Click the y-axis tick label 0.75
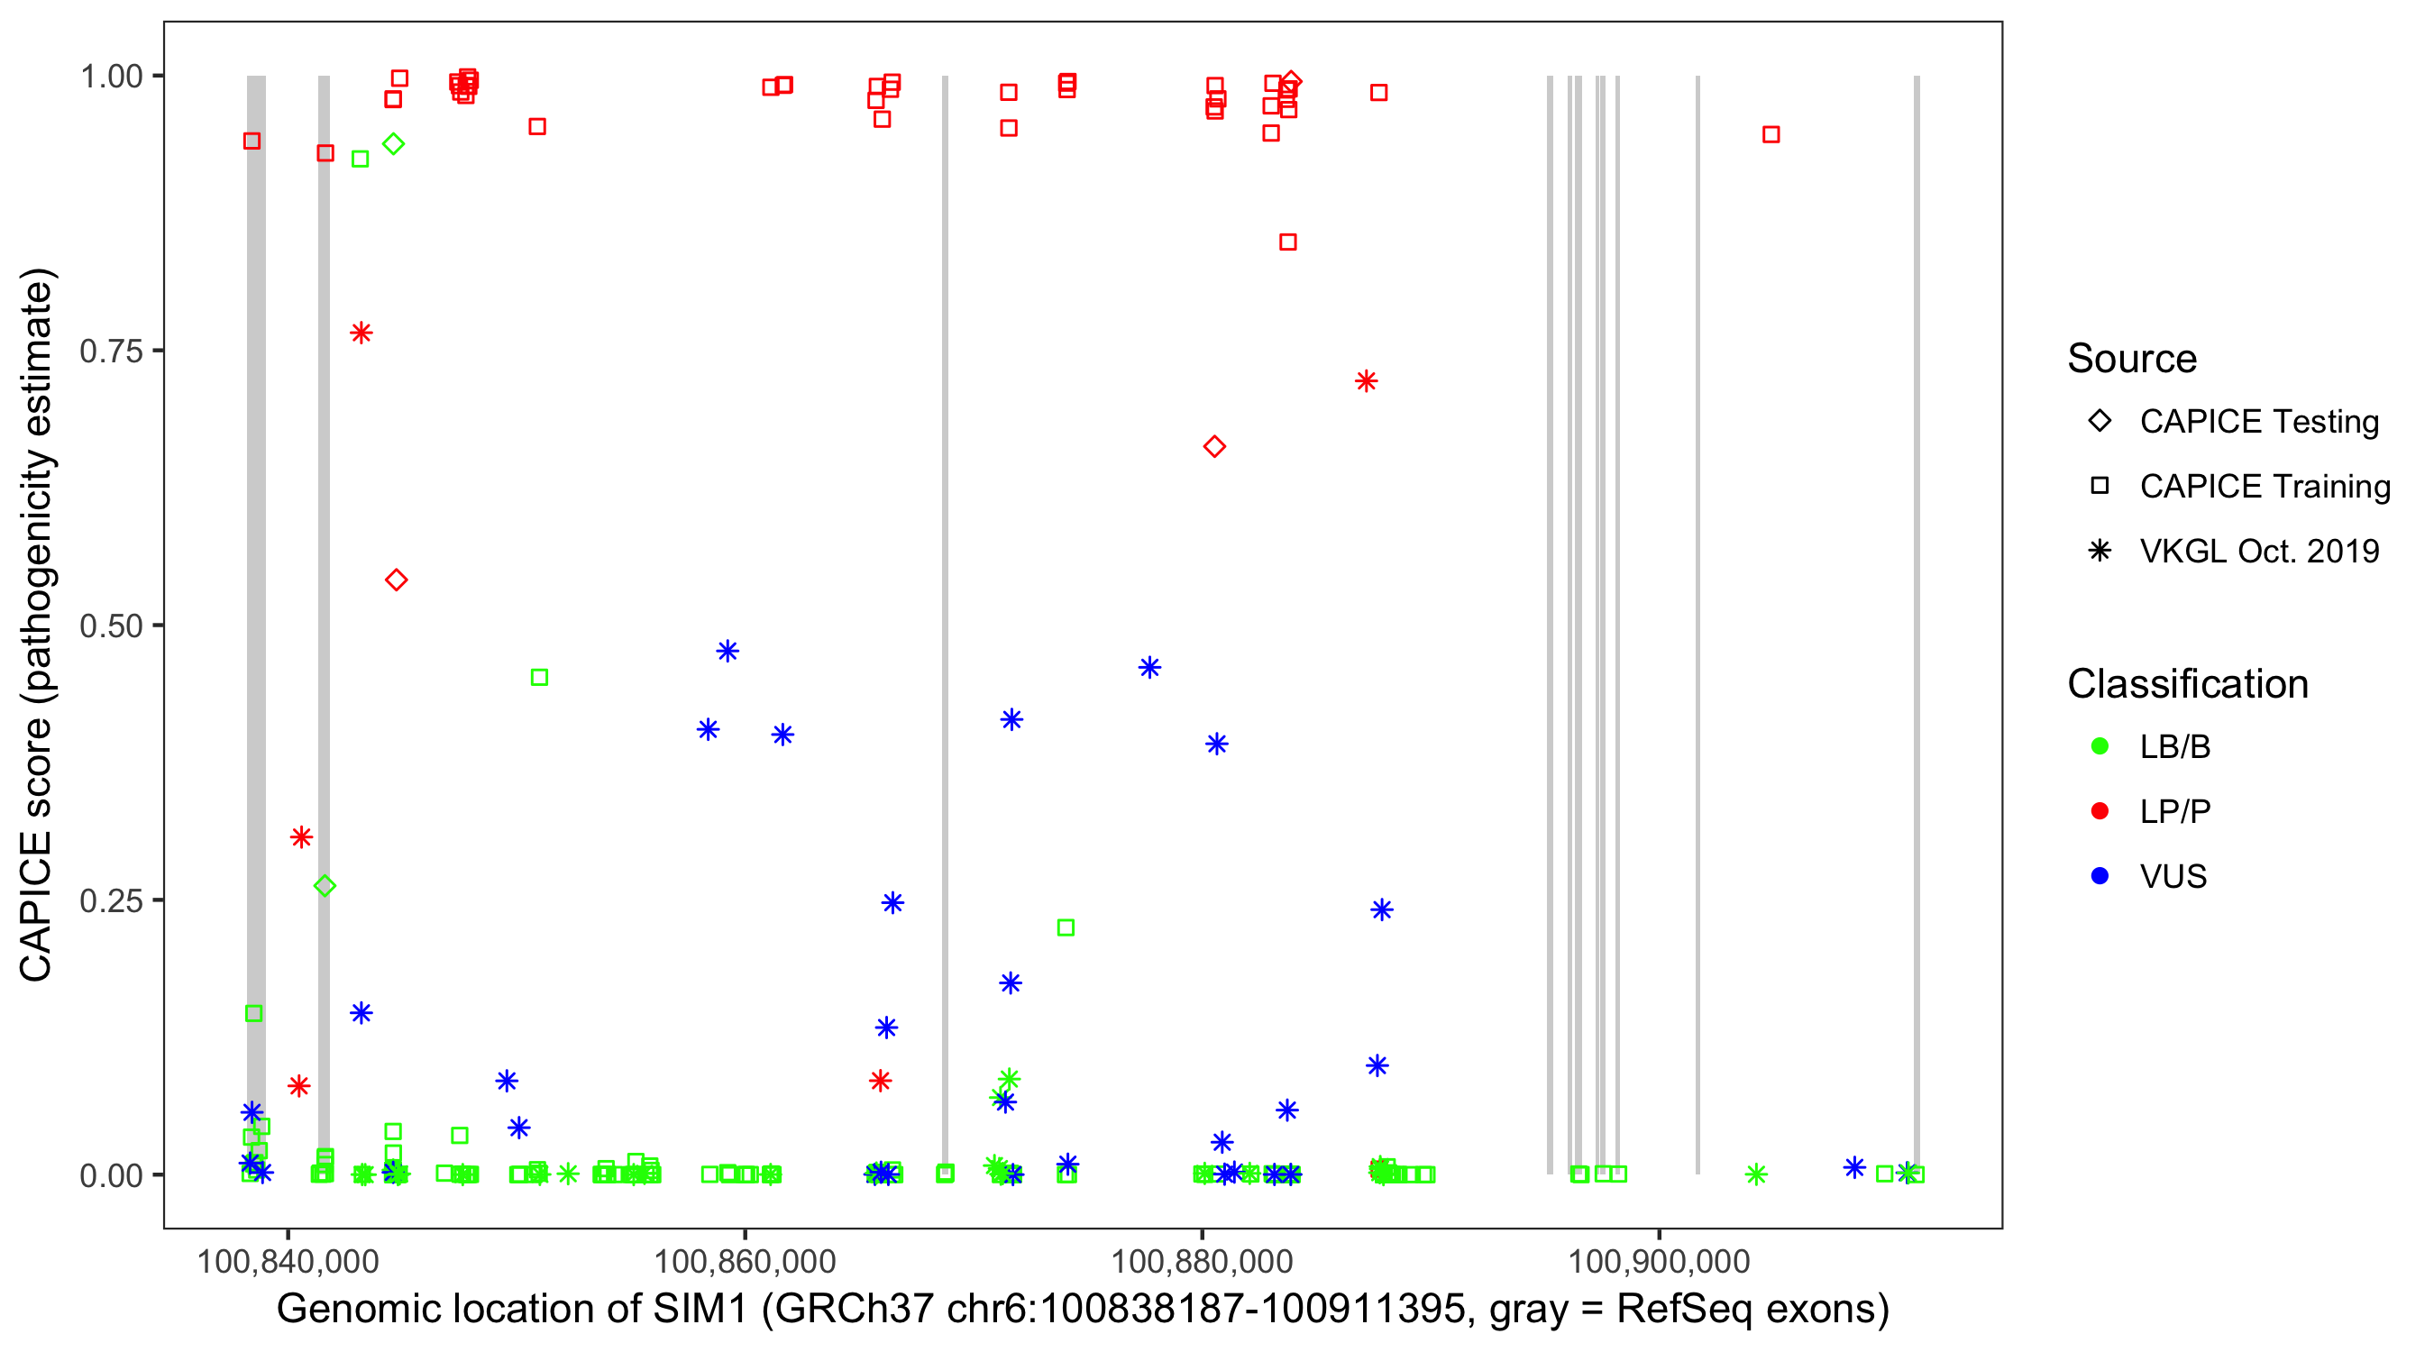point(110,352)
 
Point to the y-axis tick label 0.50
point(110,626)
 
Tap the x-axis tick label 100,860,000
point(745,1261)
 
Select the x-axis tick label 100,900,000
point(1660,1261)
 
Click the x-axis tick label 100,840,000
point(288,1261)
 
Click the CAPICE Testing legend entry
point(2258,422)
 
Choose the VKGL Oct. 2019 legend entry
point(2258,551)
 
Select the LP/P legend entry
point(2174,811)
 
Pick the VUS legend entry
point(2173,877)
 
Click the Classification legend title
point(2187,684)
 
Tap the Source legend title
point(2132,359)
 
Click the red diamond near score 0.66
point(1214,447)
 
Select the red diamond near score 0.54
point(397,580)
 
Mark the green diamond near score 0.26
point(325,886)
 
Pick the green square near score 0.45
point(539,678)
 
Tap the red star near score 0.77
point(361,333)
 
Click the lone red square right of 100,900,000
point(1771,135)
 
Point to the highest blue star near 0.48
point(727,651)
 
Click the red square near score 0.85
point(1288,242)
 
